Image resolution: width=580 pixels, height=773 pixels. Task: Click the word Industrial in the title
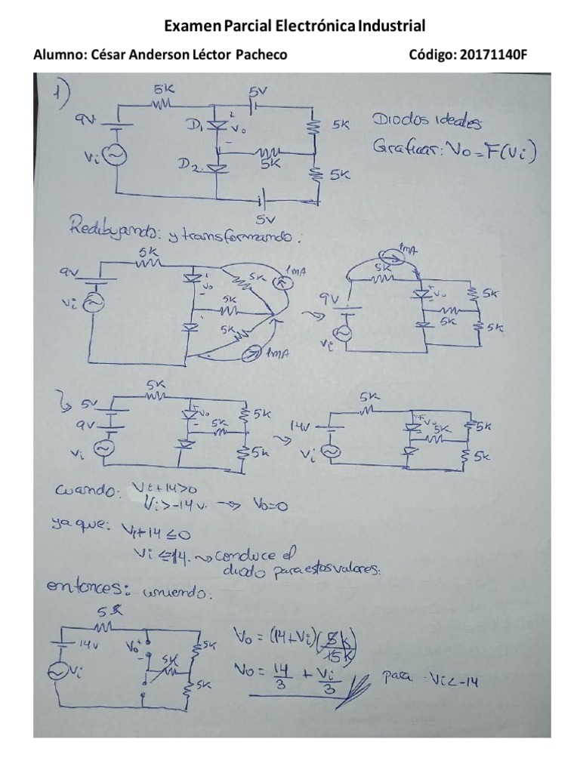click(x=391, y=26)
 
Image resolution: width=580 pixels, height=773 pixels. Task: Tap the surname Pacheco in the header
click(x=261, y=55)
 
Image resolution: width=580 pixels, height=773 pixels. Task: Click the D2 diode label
click(x=190, y=164)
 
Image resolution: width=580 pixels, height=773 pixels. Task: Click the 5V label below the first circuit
click(x=262, y=219)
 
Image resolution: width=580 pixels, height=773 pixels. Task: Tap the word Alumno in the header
click(x=60, y=55)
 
